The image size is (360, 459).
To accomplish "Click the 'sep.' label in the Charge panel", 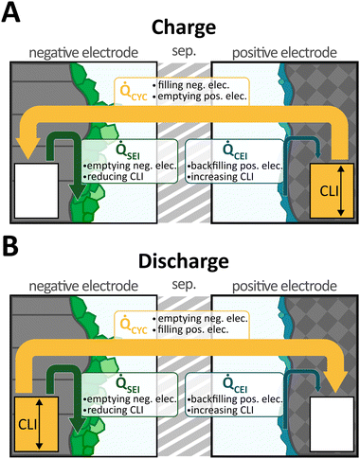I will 180,49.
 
